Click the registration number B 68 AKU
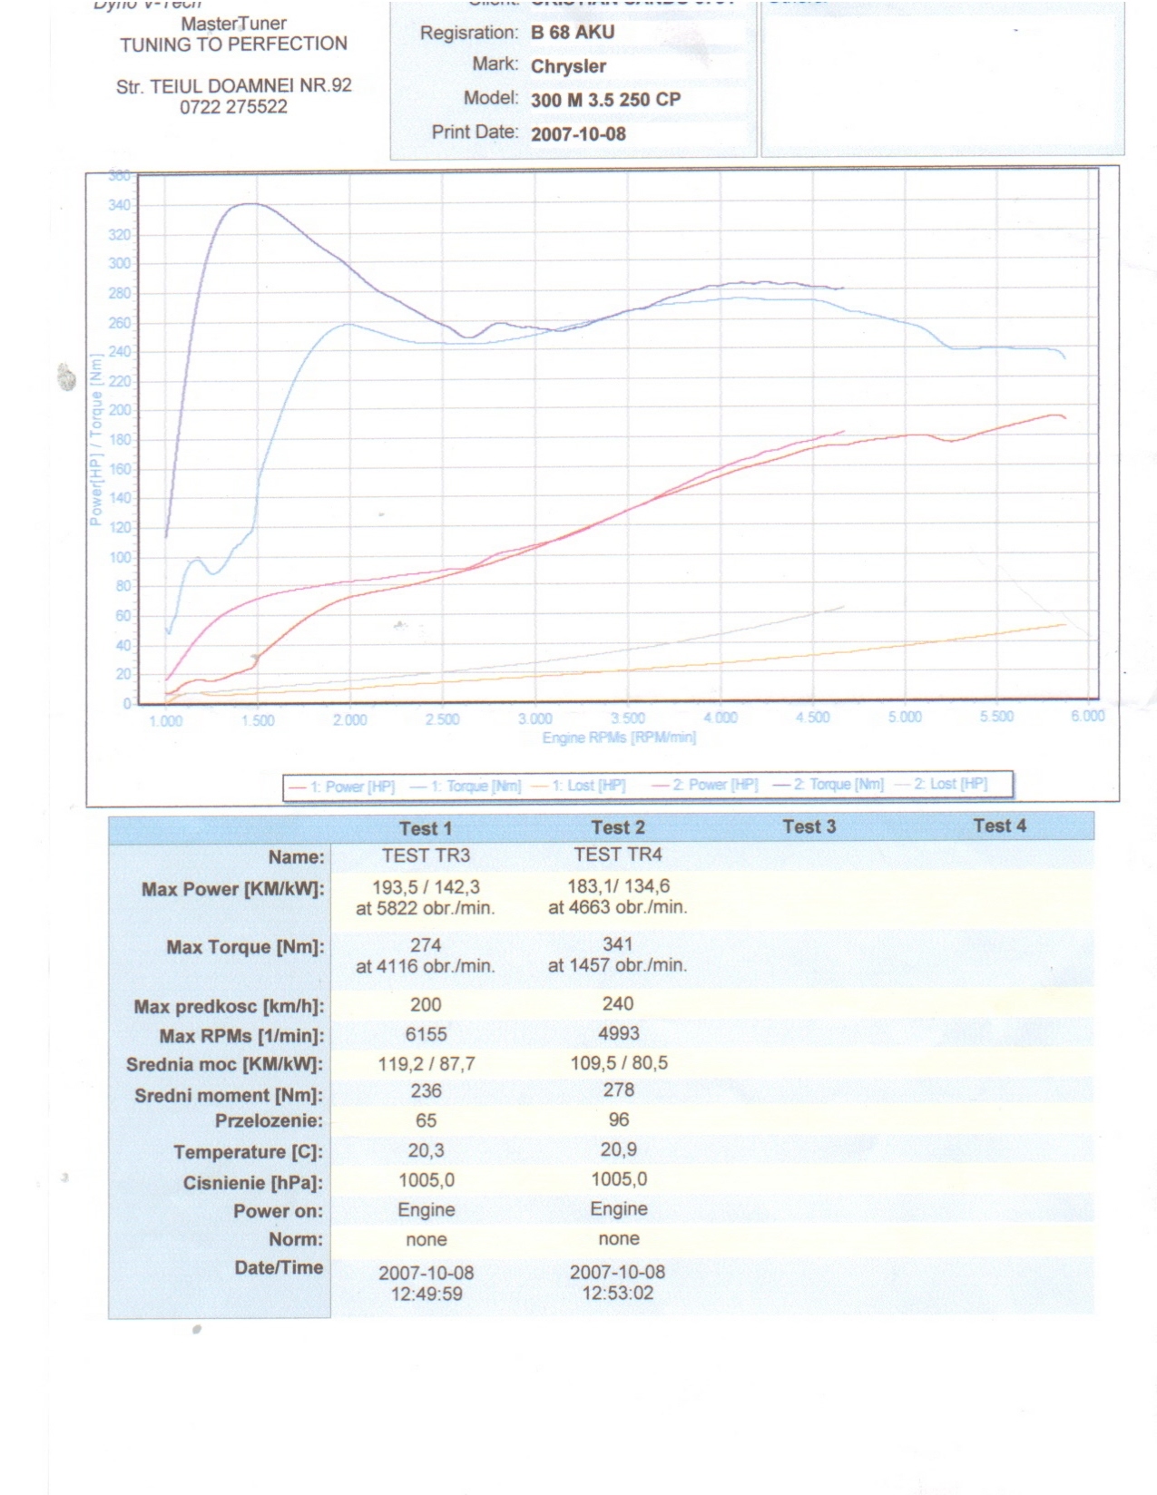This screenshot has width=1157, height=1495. point(573,33)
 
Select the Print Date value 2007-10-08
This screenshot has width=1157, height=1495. point(578,133)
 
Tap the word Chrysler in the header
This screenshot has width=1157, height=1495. point(568,66)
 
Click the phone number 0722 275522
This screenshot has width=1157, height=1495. point(233,107)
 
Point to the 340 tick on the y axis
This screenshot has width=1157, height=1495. point(119,206)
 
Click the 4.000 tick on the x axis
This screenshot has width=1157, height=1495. point(721,718)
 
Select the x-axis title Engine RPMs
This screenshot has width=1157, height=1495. point(619,738)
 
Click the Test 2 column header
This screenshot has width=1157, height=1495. point(618,827)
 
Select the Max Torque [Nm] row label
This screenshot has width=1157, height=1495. point(245,947)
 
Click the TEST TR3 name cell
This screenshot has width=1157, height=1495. point(426,855)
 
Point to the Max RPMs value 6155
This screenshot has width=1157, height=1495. point(426,1034)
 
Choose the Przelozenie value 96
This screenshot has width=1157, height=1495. point(618,1119)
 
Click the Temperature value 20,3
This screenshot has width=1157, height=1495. point(426,1150)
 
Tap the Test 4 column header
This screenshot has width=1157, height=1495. point(999,826)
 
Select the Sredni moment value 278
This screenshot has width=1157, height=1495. point(618,1089)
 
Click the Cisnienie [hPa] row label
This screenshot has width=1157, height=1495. point(253,1183)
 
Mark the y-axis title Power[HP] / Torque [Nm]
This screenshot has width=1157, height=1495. point(96,441)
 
